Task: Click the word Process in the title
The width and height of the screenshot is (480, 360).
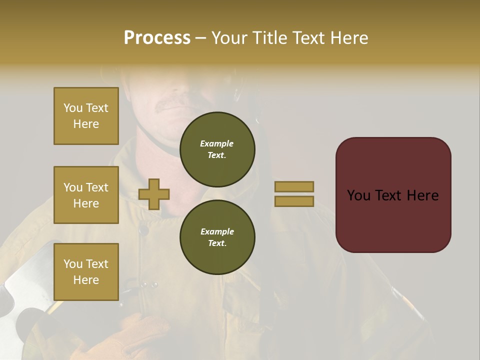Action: tap(157, 38)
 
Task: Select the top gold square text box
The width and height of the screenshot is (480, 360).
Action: tap(86, 116)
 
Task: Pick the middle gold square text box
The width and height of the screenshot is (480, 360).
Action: tap(86, 195)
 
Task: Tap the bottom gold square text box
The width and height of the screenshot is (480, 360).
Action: tap(86, 272)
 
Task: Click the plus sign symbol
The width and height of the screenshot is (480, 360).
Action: tap(154, 194)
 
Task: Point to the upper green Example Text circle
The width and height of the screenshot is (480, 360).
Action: tap(217, 149)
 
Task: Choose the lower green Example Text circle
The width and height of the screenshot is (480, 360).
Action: tap(217, 237)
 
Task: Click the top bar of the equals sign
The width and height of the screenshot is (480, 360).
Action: tap(294, 186)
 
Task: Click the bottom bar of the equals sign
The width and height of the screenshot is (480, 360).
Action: tap(294, 201)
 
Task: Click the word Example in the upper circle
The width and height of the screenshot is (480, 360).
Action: tap(216, 143)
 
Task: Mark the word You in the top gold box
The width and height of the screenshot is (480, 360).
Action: tap(73, 108)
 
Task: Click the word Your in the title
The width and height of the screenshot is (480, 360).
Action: tap(227, 38)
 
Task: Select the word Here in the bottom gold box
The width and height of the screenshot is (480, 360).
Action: tap(86, 280)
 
